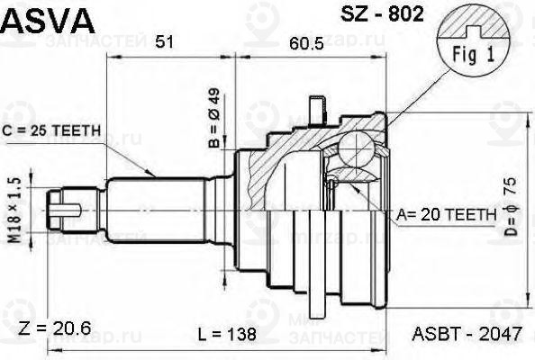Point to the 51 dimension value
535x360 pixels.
tap(166, 40)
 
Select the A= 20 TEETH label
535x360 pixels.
tap(445, 215)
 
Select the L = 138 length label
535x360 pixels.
tap(227, 334)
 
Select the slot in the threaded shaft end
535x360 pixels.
tap(59, 213)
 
